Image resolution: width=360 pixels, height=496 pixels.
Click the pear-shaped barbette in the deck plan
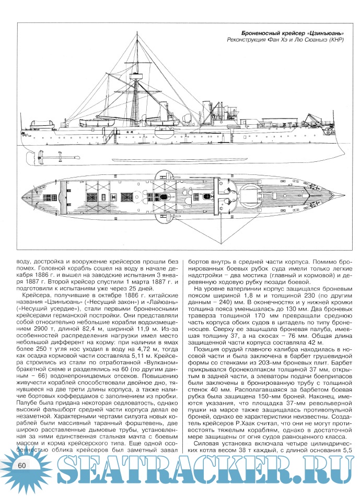[246, 199]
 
